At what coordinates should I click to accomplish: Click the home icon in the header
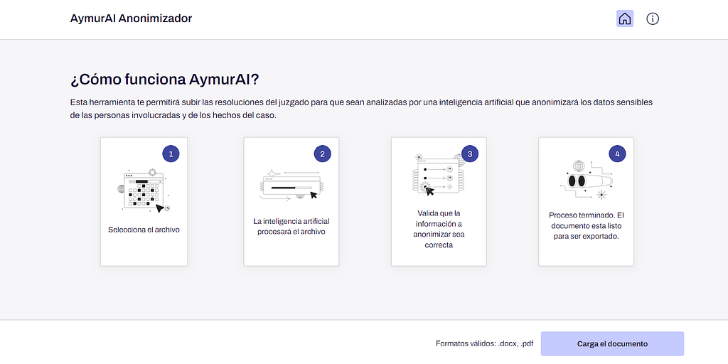[625, 18]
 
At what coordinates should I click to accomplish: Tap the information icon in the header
[653, 18]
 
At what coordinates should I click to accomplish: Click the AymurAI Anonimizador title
[131, 18]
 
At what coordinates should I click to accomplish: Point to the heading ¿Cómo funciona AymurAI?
[164, 80]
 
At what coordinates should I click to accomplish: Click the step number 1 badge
[171, 154]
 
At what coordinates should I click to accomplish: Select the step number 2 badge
[322, 154]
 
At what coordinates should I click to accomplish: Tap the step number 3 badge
[470, 154]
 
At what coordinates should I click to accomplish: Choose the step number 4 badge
[617, 154]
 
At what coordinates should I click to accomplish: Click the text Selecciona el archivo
[144, 230]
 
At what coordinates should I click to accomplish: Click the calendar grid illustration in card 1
[144, 191]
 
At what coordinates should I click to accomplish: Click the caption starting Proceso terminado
[586, 225]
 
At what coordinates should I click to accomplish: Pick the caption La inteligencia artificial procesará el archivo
[291, 226]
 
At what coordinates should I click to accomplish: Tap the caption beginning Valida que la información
[439, 230]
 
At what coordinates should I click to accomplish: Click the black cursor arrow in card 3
[429, 191]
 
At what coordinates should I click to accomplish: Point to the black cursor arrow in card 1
[160, 208]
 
